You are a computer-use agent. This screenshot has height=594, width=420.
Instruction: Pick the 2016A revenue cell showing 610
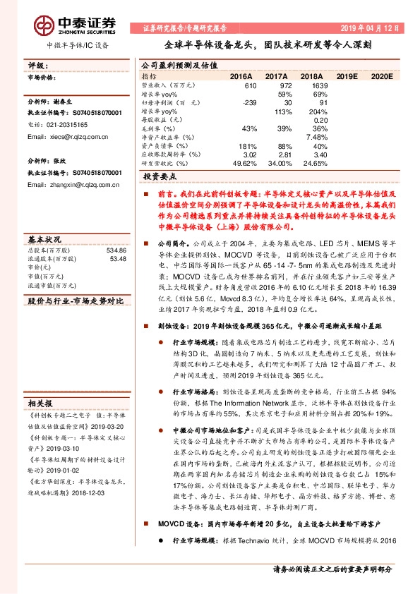pos(248,85)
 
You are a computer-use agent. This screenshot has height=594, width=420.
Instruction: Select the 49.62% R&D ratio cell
pos(244,163)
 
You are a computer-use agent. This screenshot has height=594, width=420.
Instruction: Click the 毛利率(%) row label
pos(158,128)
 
